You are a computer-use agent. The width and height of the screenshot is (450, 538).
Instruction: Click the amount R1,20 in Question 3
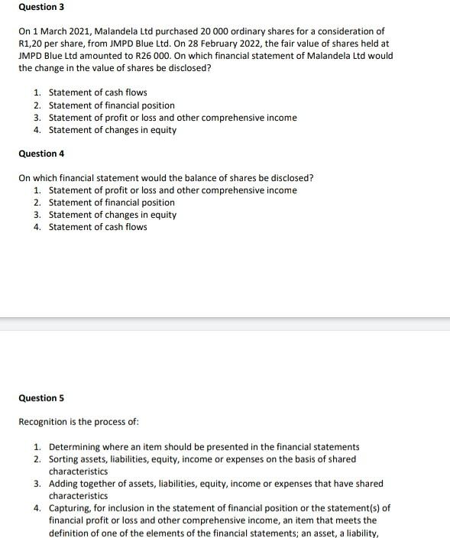(32, 44)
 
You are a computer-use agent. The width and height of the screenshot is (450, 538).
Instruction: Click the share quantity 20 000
(217, 31)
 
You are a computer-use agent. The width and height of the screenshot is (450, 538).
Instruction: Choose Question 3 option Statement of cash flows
(98, 92)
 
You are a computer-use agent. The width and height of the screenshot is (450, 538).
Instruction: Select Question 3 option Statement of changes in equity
(112, 130)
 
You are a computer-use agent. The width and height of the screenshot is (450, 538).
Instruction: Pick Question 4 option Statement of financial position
(112, 203)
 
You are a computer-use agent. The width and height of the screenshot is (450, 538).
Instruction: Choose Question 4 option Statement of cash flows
(98, 227)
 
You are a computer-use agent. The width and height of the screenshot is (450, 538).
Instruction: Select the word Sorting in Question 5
(64, 459)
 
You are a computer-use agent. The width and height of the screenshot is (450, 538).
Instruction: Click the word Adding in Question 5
(63, 483)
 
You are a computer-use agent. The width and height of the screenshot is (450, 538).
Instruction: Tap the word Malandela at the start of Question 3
(115, 31)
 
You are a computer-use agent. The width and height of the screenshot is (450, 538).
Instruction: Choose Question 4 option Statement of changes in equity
(112, 215)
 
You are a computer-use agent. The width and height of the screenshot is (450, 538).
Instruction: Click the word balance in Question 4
(193, 178)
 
